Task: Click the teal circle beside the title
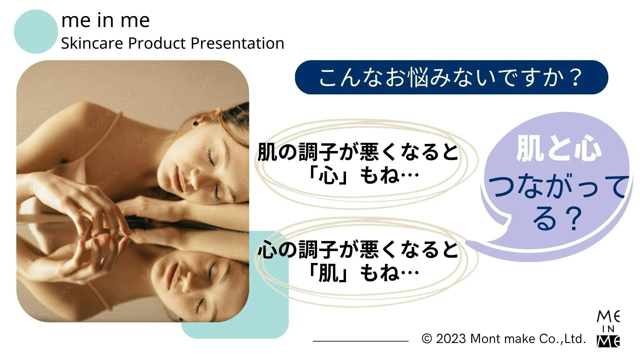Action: point(36,32)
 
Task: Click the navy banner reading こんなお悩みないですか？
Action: point(451,77)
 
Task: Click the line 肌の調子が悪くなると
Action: point(358,152)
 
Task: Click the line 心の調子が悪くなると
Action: point(358,250)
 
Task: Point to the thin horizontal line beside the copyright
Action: point(361,341)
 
